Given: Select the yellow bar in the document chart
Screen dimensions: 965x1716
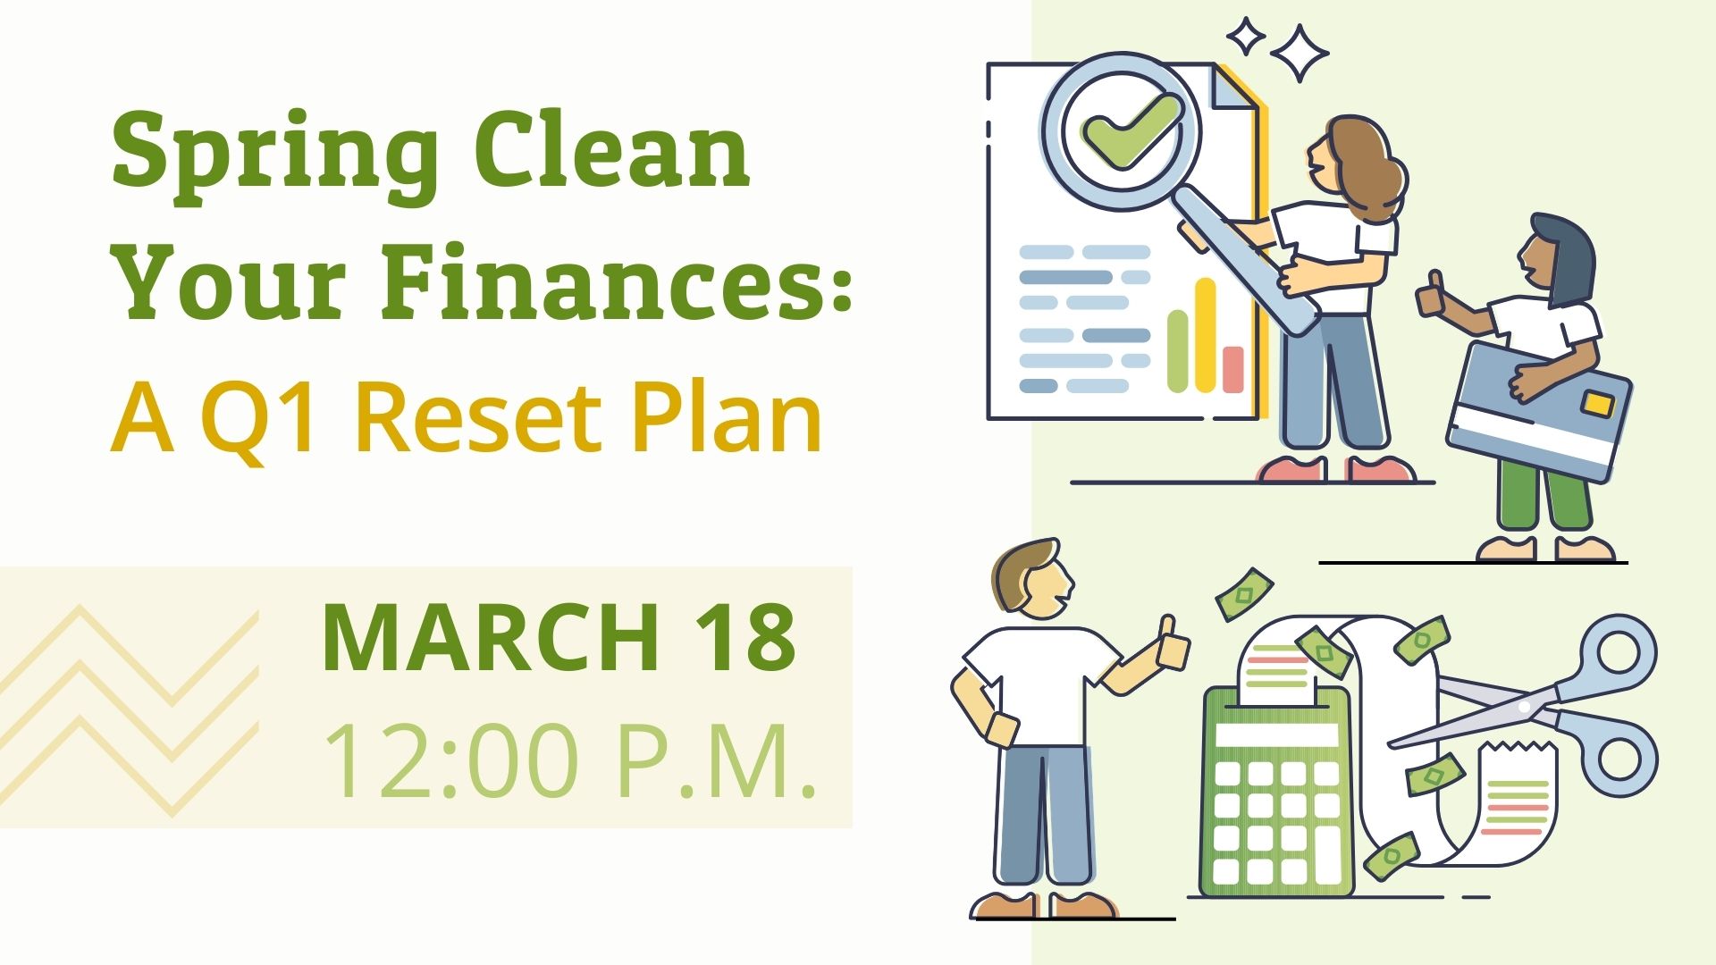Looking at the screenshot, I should (1206, 335).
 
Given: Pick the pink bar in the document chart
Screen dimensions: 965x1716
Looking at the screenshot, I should (1233, 368).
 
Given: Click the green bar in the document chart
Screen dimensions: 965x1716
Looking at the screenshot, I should (1178, 351).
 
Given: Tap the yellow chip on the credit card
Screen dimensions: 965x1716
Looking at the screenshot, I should (1596, 404).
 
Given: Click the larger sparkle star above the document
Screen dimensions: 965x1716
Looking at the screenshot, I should (1300, 53).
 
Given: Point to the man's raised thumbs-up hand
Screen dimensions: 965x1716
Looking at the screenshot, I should (1172, 643).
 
